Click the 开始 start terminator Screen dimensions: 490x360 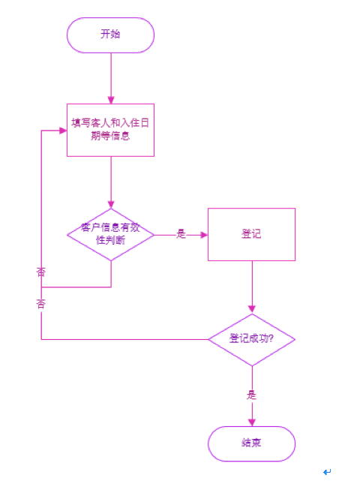110,35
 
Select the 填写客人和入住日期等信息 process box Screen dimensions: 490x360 110,130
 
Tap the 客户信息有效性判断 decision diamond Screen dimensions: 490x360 110,235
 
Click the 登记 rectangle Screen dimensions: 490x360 251,234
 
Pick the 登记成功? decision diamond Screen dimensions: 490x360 251,339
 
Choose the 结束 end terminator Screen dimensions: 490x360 251,443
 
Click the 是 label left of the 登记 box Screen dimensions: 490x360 181,234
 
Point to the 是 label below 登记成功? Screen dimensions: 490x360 251,394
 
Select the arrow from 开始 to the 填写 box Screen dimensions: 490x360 110,75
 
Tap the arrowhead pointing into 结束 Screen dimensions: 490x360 251,422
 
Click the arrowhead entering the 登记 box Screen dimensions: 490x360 203,235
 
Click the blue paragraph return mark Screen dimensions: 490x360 326,472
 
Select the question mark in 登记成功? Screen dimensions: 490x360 271,339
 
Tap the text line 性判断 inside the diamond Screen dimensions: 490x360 110,241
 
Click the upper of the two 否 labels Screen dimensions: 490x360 40,272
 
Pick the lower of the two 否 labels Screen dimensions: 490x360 40,303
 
